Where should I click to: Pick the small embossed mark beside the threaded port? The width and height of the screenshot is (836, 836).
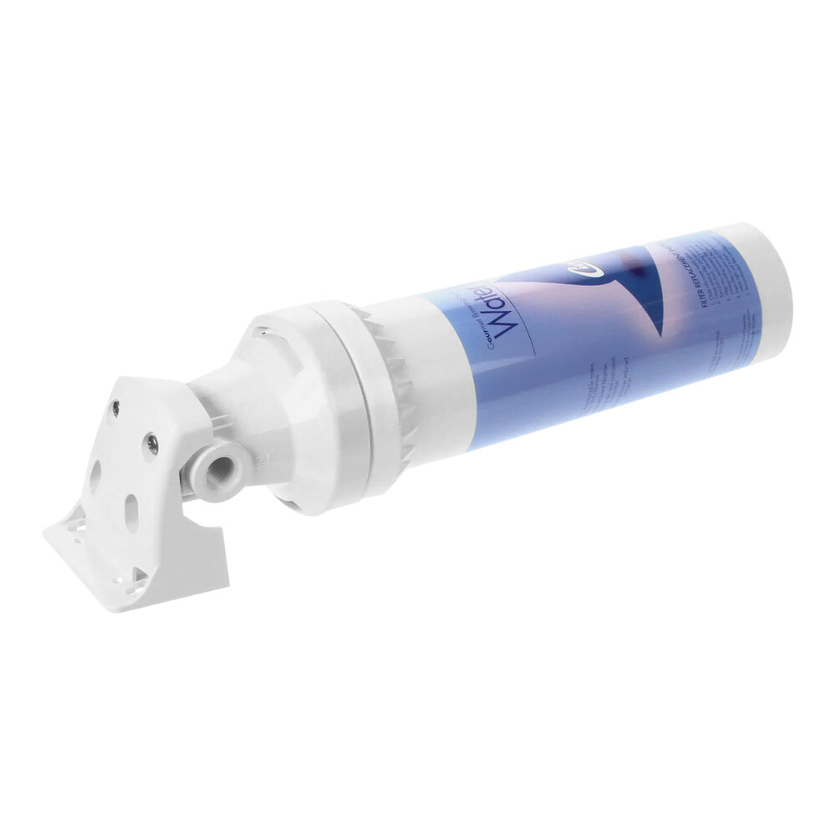[261, 457]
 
